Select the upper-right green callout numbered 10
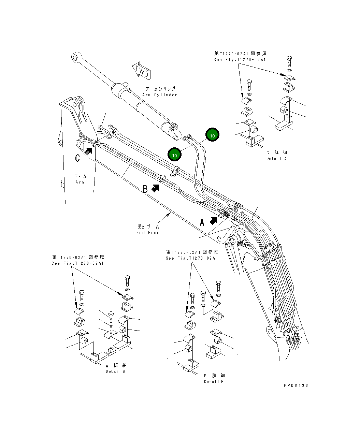click(x=212, y=135)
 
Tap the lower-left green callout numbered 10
click(x=174, y=155)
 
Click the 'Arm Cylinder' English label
click(x=160, y=95)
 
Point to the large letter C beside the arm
click(x=78, y=158)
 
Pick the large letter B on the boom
click(x=145, y=189)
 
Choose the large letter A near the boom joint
click(x=202, y=223)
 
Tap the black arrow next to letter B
click(x=155, y=188)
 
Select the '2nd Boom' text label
click(x=148, y=233)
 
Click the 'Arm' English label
click(x=80, y=182)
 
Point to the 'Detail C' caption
click(x=276, y=159)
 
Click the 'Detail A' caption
click(x=115, y=371)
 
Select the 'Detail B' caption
click(x=214, y=382)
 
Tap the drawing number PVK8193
click(x=296, y=385)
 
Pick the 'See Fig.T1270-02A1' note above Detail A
click(x=78, y=263)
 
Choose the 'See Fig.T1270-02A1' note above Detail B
click(x=192, y=258)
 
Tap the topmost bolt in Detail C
click(x=289, y=62)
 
